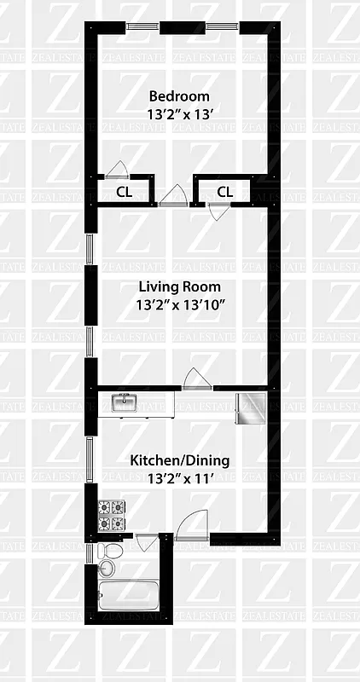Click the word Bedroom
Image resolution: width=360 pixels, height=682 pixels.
179,95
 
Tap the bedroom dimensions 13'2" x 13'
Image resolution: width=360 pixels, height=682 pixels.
179,113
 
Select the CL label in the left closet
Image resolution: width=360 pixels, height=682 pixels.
125,192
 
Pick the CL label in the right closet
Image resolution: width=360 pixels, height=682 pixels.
224,192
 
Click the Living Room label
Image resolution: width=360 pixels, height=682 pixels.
179,286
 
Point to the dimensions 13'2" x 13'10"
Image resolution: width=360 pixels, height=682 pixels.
179,303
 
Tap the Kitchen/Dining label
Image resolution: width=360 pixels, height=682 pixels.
179,460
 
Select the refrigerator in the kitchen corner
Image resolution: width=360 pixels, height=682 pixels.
253,408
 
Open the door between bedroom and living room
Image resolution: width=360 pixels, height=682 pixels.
174,195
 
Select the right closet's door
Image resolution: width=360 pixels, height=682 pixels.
218,211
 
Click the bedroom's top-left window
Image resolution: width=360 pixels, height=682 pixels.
142,27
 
